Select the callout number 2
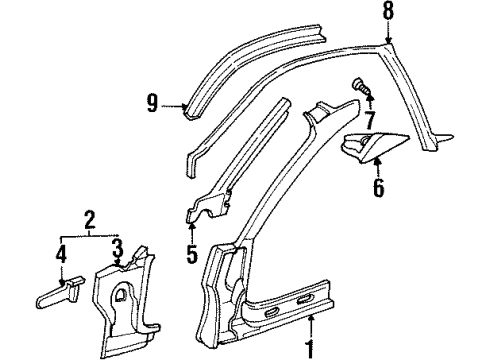coord(89,217)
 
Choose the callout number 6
coord(378,187)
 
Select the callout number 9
coord(153,102)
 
